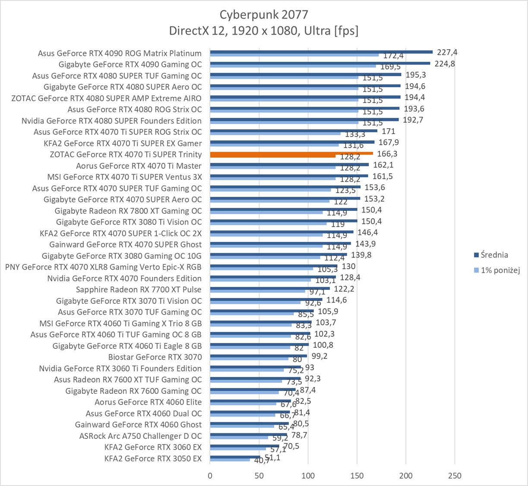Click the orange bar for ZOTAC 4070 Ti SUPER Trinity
coord(291,153)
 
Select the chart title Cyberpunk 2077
coord(264,15)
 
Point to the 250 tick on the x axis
coord(455,476)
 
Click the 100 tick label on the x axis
coord(308,476)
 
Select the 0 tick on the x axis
coord(210,476)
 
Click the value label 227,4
coord(447,52)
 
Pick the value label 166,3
coord(387,153)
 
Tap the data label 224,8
coord(445,64)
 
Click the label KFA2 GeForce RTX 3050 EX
coord(153,458)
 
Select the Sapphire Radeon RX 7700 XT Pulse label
coord(139,289)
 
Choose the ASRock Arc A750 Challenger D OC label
coord(140,436)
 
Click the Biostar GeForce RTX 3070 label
coord(155,357)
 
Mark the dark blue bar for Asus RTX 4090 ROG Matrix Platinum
coord(321,52)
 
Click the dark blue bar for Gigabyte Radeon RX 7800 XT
coord(284,209)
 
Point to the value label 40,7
coord(262,461)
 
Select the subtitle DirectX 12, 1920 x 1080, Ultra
coord(264,31)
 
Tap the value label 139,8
coord(361,255)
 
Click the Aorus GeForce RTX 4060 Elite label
coord(148,402)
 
